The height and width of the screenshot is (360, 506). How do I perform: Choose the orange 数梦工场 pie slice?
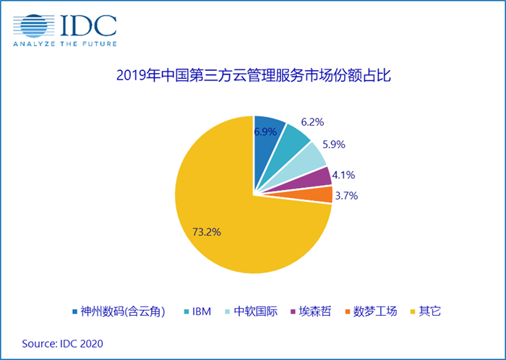[322, 194]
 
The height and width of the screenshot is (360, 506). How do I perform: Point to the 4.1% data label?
[345, 174]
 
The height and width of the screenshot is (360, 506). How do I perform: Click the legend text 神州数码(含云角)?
[124, 312]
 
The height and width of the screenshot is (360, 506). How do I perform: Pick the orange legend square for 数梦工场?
[348, 312]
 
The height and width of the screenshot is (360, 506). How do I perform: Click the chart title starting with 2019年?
[253, 75]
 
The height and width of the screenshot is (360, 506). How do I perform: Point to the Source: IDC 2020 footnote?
[62, 343]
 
